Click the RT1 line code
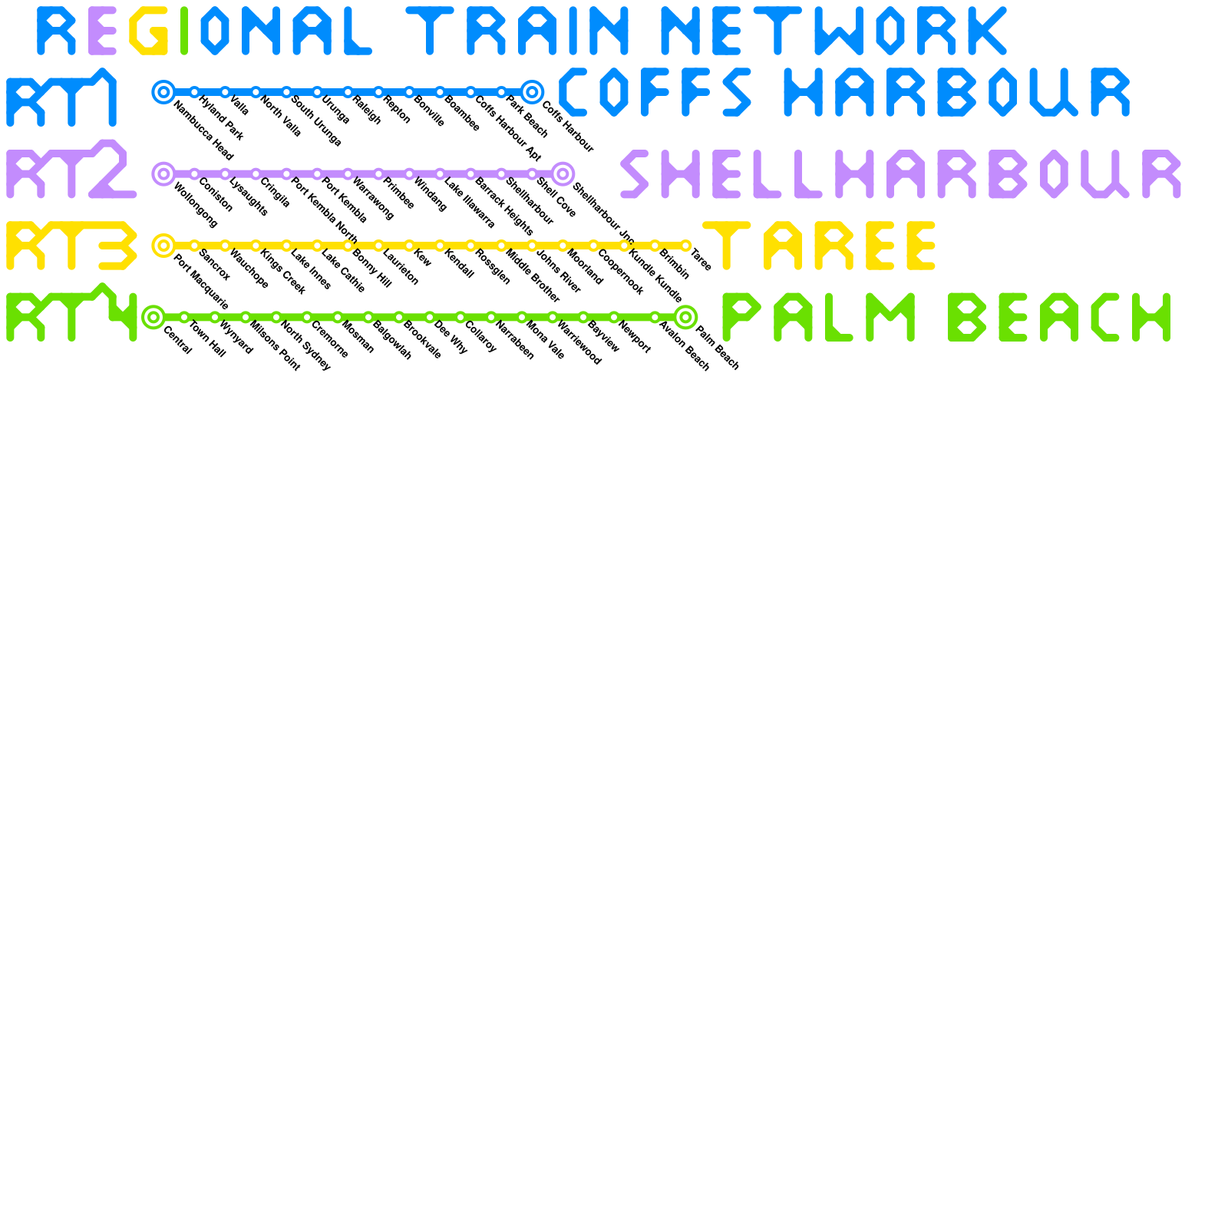(x=61, y=97)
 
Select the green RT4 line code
(x=71, y=313)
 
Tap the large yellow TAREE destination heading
(x=820, y=246)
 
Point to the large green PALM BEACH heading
(x=946, y=316)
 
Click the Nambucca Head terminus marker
(x=163, y=92)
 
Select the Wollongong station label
(x=196, y=205)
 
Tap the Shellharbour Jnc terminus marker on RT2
(x=563, y=173)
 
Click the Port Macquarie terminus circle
(x=163, y=246)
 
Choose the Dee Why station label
(x=451, y=337)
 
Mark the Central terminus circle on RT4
(x=153, y=316)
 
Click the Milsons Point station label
(x=275, y=346)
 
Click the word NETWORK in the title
(x=833, y=31)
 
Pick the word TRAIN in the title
(x=518, y=31)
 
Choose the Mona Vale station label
(x=546, y=340)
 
